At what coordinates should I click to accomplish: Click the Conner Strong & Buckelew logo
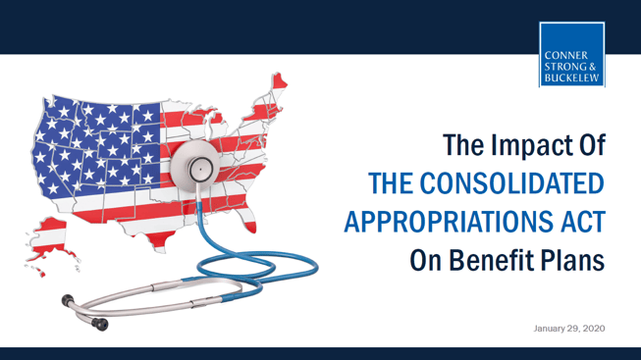click(571, 54)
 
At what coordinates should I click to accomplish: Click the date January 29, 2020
click(569, 328)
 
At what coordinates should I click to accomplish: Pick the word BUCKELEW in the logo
click(571, 75)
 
